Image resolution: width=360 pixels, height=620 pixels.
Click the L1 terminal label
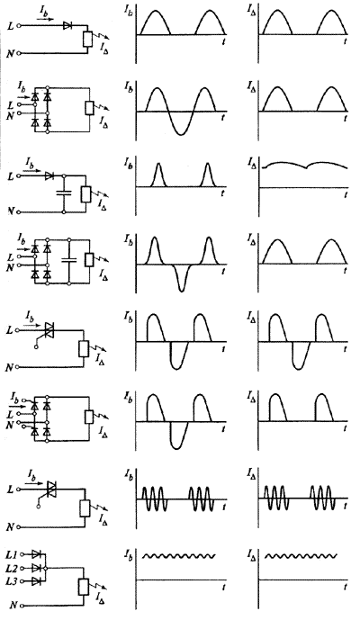13,555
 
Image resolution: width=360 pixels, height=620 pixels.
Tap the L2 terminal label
13,569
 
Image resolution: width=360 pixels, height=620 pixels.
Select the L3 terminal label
13,581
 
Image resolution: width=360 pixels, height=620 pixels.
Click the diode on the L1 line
36,554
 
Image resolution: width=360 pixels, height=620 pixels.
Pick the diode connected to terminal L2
36,568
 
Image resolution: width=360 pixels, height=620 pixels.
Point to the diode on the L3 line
36,580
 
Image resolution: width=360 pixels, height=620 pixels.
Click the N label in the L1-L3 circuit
13,605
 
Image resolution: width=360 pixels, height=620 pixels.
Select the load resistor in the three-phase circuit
84,587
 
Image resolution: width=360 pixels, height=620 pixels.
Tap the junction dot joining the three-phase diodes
46,568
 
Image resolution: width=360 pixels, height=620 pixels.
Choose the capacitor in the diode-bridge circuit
69,260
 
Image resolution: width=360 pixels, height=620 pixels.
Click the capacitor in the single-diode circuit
64,193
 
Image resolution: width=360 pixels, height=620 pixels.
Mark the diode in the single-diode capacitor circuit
49,176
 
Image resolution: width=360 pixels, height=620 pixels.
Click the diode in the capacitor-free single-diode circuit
67,26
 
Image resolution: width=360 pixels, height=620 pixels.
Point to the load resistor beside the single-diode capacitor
85,193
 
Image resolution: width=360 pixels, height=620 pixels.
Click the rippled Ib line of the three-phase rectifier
179,556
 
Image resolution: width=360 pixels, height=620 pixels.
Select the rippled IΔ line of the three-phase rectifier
301,556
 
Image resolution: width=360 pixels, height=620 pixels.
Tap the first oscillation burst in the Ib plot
155,499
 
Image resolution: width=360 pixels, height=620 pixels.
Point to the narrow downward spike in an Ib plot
181,278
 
